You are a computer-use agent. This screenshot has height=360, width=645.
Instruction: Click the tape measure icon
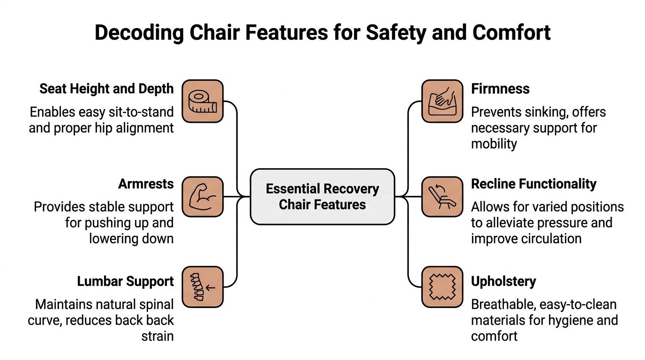(x=202, y=101)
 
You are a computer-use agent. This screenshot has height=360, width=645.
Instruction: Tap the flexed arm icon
(x=202, y=197)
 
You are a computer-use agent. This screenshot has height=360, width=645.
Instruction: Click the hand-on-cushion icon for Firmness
(x=442, y=101)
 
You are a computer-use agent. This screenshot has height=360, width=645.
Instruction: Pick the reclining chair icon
(x=442, y=197)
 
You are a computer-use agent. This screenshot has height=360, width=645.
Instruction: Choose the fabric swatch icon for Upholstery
(x=442, y=287)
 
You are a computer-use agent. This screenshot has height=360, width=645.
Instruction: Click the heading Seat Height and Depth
(x=106, y=89)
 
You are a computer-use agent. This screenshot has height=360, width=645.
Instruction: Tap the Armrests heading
(x=146, y=184)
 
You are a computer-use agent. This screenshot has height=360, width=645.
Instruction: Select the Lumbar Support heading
(x=126, y=281)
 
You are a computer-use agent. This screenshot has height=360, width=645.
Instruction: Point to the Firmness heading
(x=500, y=89)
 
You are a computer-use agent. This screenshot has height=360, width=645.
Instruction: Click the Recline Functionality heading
(x=534, y=184)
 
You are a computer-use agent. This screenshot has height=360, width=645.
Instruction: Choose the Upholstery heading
(x=503, y=281)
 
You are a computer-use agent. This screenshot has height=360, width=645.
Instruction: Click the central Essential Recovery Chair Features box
(x=322, y=197)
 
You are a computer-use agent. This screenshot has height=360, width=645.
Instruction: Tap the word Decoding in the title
(x=139, y=32)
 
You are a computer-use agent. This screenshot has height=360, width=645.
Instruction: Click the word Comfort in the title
(x=511, y=32)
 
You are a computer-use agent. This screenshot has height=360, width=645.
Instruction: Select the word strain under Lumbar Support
(x=157, y=336)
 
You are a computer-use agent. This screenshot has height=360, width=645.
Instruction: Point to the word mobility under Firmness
(x=494, y=144)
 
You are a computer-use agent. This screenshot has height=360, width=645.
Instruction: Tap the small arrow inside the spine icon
(x=210, y=287)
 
